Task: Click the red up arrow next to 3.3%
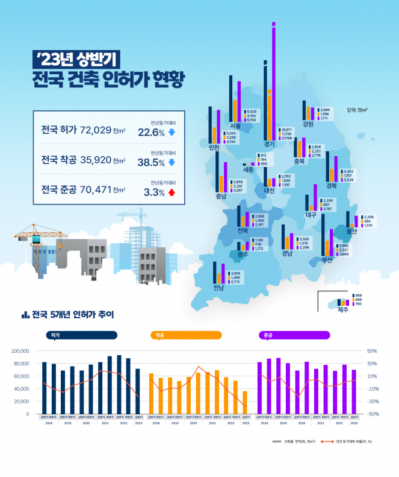[172, 192]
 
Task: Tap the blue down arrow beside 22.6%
[172, 132]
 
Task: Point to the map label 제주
[343, 310]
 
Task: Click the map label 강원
[308, 125]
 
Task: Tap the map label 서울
[235, 126]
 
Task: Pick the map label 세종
[248, 170]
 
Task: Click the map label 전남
[218, 288]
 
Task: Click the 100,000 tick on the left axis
[20, 351]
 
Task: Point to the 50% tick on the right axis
[371, 351]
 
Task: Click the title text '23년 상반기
[77, 58]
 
